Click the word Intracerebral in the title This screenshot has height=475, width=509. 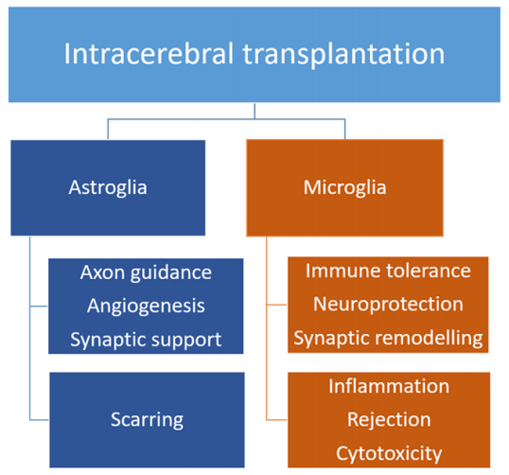[x=149, y=54]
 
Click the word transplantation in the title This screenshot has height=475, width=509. [x=343, y=55]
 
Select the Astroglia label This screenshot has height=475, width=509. [x=108, y=188]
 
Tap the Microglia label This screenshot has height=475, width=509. [x=344, y=187]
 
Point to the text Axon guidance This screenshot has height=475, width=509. [x=146, y=273]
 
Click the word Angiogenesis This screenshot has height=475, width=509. [x=146, y=307]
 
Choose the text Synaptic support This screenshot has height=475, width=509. [x=146, y=341]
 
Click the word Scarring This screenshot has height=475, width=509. [x=147, y=420]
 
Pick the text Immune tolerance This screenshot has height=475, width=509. [x=388, y=271]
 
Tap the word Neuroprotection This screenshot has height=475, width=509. [x=388, y=305]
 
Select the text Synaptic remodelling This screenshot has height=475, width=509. [x=388, y=339]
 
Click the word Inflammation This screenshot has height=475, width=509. [x=389, y=386]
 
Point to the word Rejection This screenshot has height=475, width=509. [x=389, y=420]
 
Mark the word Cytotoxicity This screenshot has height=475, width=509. [x=389, y=454]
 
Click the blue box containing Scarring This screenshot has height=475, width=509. [x=147, y=420]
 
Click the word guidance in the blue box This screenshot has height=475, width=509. [x=171, y=273]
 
